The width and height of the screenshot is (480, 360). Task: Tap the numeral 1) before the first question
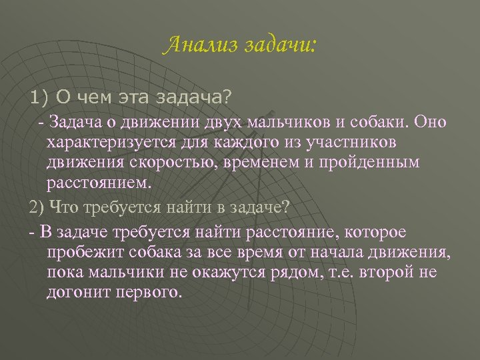40,98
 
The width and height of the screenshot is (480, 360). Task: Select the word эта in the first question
131,98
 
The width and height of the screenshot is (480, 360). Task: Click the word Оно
433,124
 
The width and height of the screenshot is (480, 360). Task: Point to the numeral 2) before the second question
37,207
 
